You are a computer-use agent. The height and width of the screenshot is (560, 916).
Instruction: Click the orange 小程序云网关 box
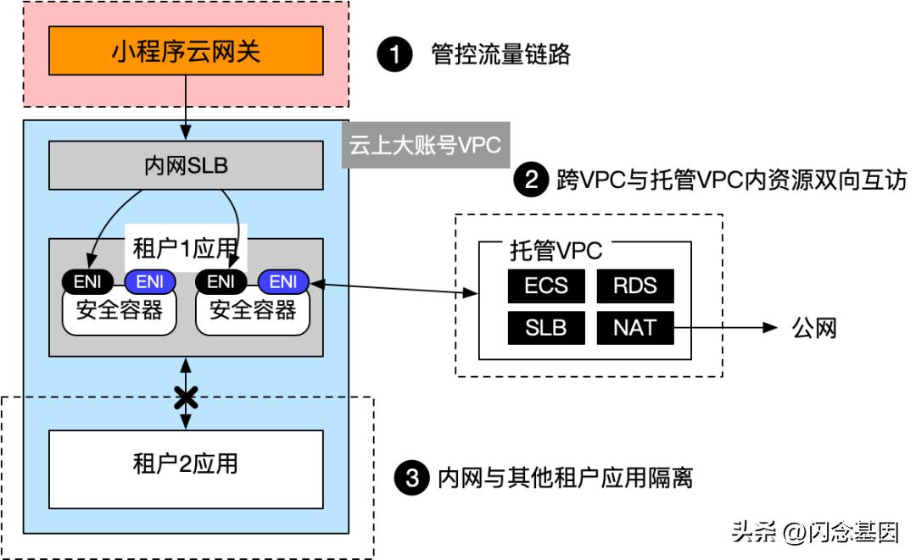(186, 53)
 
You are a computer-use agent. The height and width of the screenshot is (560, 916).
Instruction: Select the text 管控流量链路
(501, 55)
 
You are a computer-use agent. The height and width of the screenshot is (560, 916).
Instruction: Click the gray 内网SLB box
(186, 166)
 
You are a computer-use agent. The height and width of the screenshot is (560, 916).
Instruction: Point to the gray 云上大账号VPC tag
(425, 145)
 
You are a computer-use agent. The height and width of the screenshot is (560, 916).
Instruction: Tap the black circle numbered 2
(530, 180)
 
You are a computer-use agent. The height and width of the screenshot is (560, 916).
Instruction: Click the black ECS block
(545, 286)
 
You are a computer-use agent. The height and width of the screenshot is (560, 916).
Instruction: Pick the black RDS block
(634, 286)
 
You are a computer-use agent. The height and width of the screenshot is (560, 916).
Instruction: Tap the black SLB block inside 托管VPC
(545, 328)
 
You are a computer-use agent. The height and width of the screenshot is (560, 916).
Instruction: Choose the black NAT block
(634, 328)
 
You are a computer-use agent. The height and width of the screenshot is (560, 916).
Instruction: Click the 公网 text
(813, 328)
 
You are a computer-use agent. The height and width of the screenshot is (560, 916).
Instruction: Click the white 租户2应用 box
(186, 466)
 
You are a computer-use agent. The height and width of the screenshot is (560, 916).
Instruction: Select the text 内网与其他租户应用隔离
(565, 479)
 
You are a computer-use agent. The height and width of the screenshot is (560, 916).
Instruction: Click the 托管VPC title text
(556, 252)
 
